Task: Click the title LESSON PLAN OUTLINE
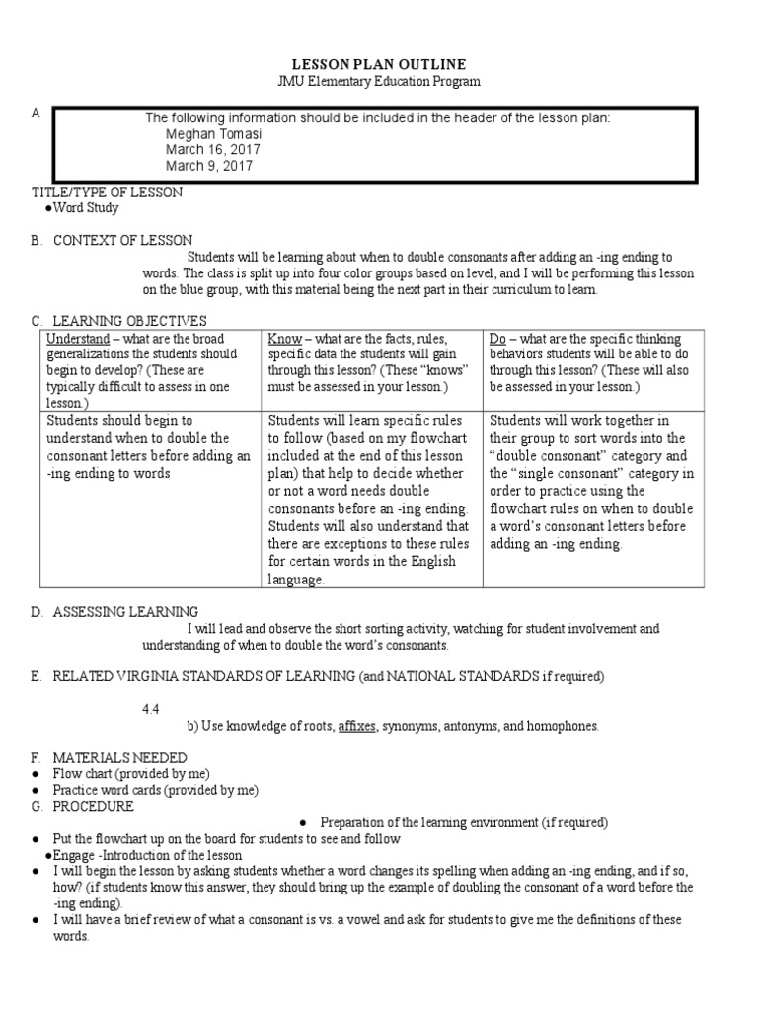point(378,64)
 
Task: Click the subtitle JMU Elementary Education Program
point(378,82)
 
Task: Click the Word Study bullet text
point(85,208)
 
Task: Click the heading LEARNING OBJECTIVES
point(129,321)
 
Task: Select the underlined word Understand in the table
point(78,339)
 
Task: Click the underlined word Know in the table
point(284,339)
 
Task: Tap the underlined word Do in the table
point(498,339)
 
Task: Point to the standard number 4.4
point(151,708)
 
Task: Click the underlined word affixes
point(357,726)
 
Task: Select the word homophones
point(564,726)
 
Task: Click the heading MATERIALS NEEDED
point(119,757)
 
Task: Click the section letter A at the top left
point(37,115)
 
